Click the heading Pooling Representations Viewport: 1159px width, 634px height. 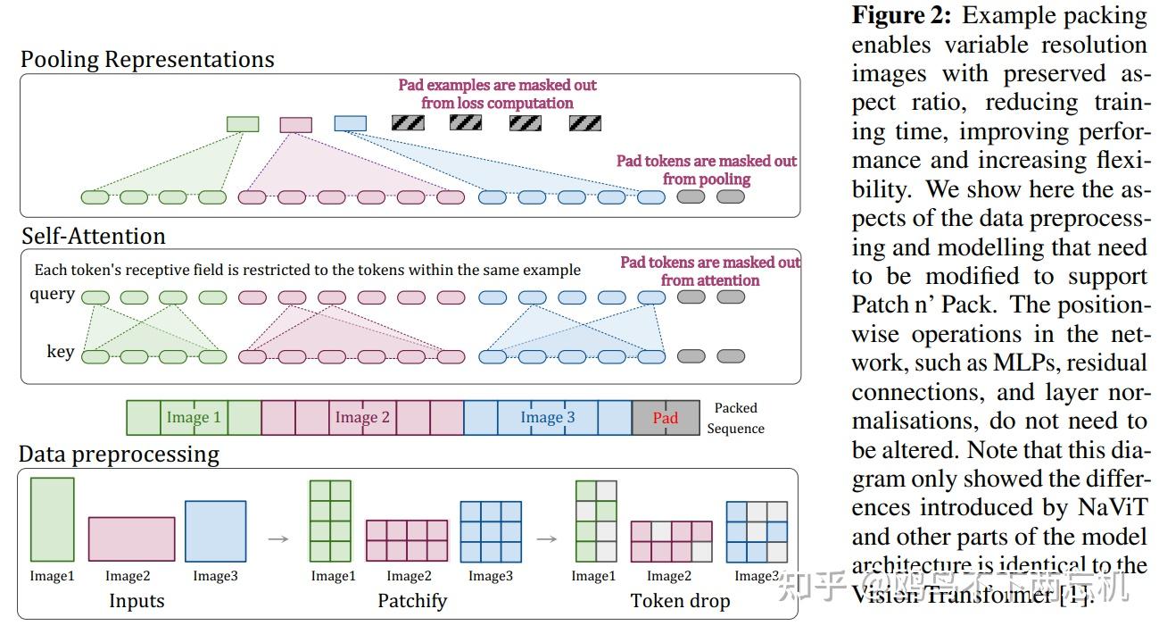click(147, 60)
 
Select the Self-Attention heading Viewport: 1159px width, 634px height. click(94, 236)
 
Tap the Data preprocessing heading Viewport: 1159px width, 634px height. click(119, 455)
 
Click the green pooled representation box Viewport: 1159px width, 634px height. click(243, 124)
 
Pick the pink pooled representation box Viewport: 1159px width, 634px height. click(296, 124)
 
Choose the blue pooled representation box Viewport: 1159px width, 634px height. click(350, 123)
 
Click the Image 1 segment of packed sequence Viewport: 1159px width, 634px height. click(194, 417)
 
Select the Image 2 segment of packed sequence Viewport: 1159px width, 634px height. click(362, 417)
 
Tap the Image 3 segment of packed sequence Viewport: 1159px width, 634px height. click(548, 417)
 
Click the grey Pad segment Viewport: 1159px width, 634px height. click(666, 417)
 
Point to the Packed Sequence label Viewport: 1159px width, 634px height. click(735, 418)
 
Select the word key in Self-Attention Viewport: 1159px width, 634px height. click(60, 352)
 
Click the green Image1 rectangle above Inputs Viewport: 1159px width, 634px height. click(53, 519)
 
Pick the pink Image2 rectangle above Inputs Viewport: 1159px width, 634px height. click(131, 538)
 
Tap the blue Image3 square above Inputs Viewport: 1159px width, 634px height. click(215, 530)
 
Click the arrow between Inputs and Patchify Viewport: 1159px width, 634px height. click(278, 538)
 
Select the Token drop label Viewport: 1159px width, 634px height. click(680, 600)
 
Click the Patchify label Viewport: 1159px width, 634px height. click(411, 600)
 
